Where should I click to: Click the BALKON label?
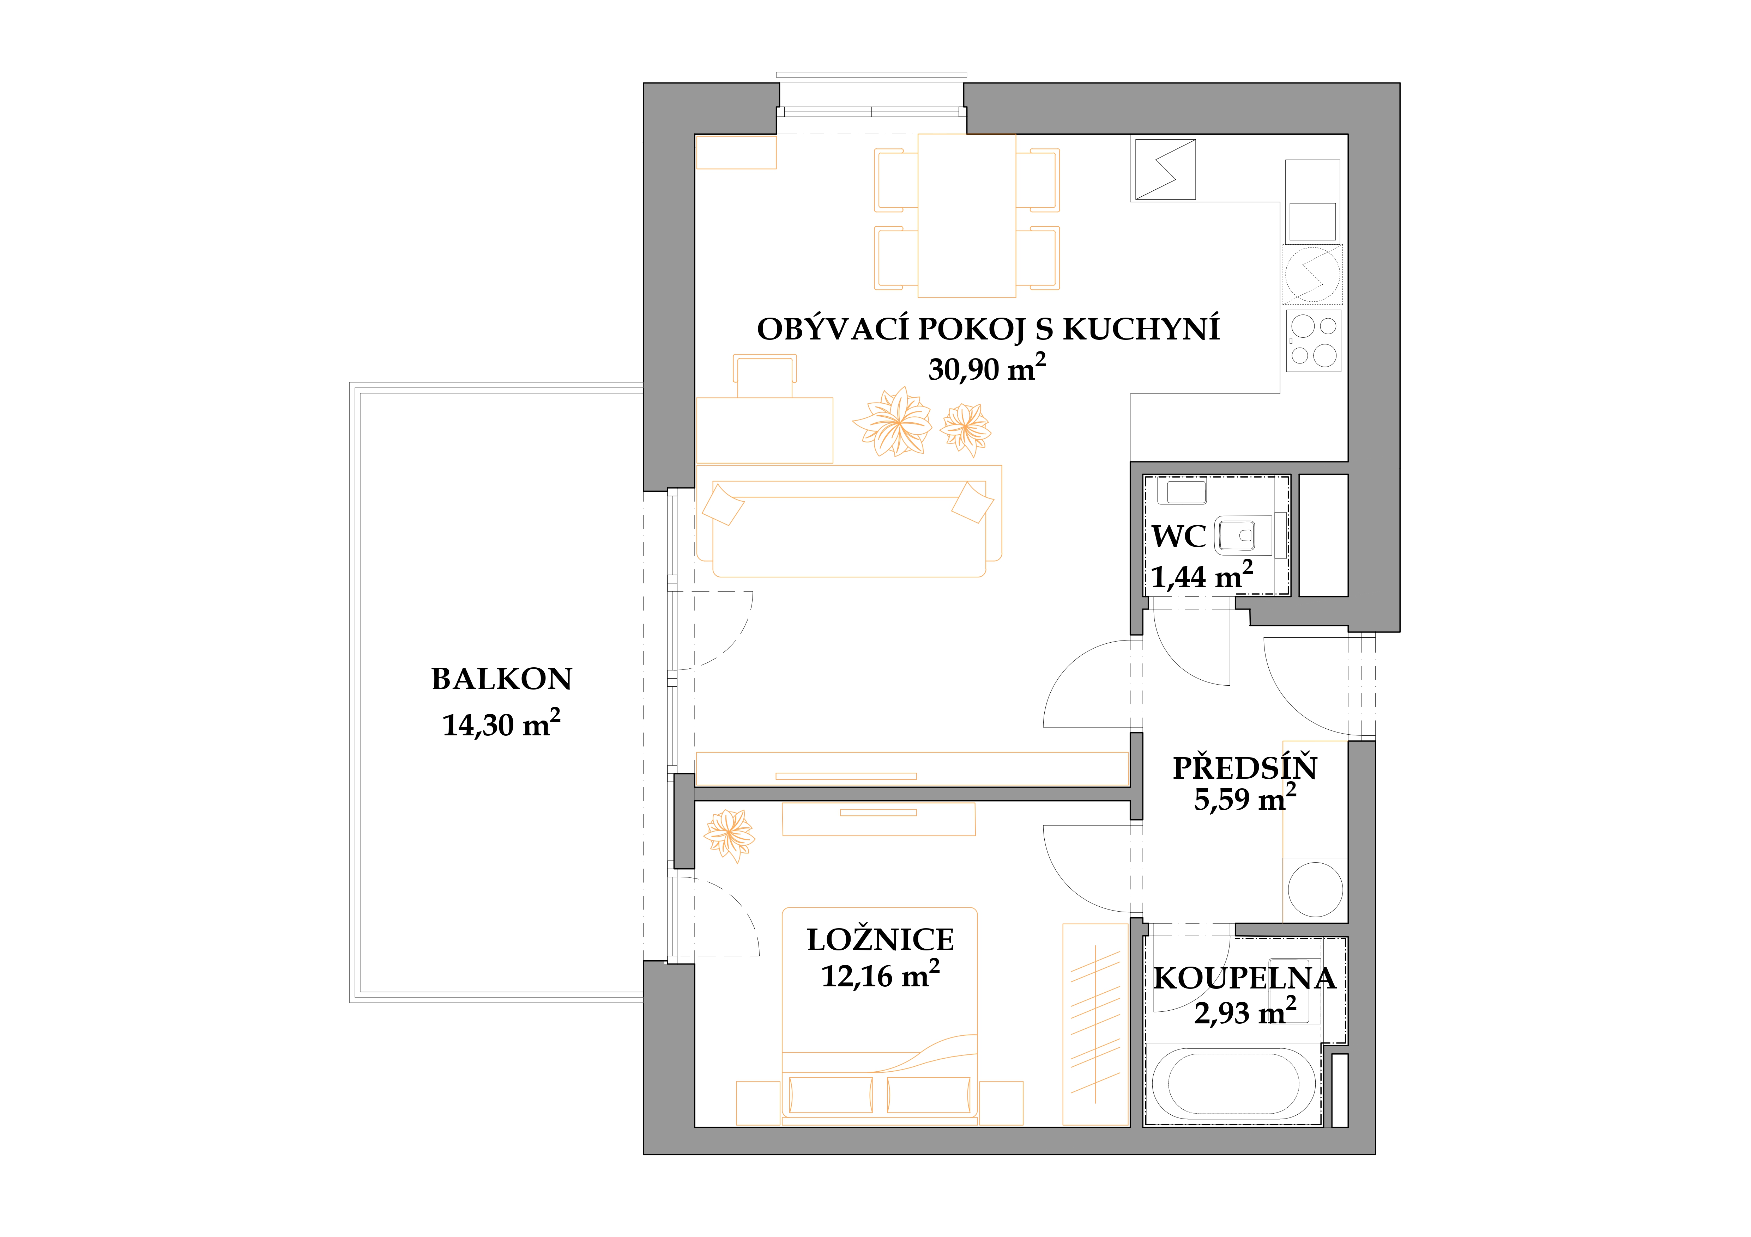click(x=502, y=679)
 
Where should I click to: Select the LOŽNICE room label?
click(x=880, y=940)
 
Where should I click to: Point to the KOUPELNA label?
click(x=1245, y=979)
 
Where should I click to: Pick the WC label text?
click(x=1179, y=537)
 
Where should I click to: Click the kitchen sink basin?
click(x=1312, y=222)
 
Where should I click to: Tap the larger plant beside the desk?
click(x=892, y=422)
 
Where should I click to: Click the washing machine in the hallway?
click(x=1316, y=889)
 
